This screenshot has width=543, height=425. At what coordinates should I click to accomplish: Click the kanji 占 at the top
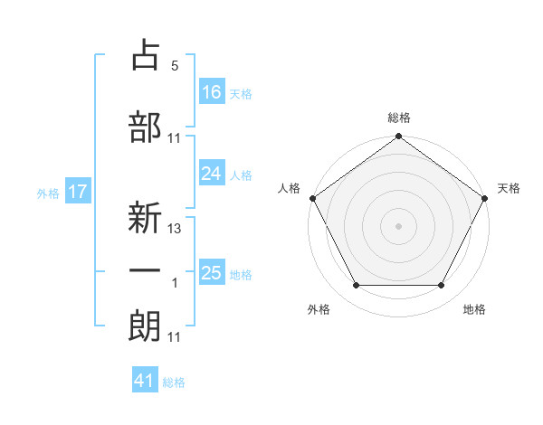pos(146,55)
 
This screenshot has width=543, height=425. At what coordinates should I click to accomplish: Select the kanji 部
pos(146,127)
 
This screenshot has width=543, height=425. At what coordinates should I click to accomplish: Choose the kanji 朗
pos(146,326)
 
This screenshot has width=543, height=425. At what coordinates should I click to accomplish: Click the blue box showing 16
pos(212,92)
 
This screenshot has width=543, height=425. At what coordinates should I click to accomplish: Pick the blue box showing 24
pos(212,174)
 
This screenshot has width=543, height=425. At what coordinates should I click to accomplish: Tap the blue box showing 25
pos(212,273)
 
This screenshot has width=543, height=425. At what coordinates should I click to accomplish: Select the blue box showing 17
pos(77,192)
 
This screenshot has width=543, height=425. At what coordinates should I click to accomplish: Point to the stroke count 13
pos(176,229)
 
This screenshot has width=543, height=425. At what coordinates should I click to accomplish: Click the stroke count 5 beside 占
pos(175,66)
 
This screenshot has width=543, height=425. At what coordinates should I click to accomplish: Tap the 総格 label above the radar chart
pos(399,118)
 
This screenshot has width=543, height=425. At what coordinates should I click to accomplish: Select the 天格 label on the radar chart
pos(510,188)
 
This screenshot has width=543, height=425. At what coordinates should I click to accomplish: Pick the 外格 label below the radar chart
pos(319,309)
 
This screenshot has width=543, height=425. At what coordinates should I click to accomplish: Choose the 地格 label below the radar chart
pos(474,309)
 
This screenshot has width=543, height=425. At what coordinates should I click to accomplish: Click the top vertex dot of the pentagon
pos(399,137)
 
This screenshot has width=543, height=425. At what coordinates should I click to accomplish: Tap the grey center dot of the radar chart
pos(399,225)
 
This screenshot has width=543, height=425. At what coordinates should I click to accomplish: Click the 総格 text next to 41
pos(174,382)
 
